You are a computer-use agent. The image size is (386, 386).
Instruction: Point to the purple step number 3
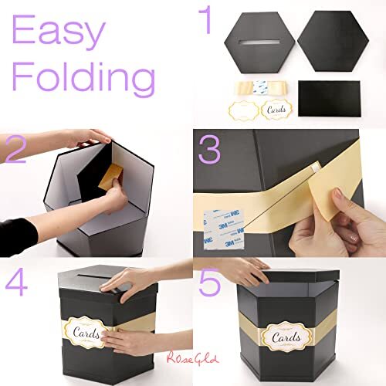[x=211, y=150]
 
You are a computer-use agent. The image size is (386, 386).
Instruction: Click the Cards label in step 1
[x=276, y=110]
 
